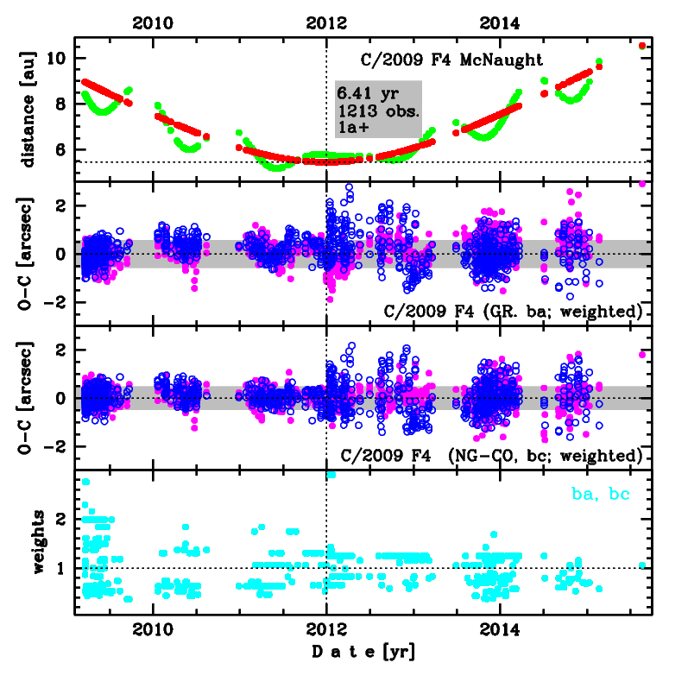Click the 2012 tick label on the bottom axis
(x=326, y=629)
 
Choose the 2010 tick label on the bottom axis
(x=152, y=629)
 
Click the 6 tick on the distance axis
(x=62, y=149)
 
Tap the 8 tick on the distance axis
(x=62, y=104)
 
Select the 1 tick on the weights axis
(x=62, y=568)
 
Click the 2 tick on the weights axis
(x=62, y=519)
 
